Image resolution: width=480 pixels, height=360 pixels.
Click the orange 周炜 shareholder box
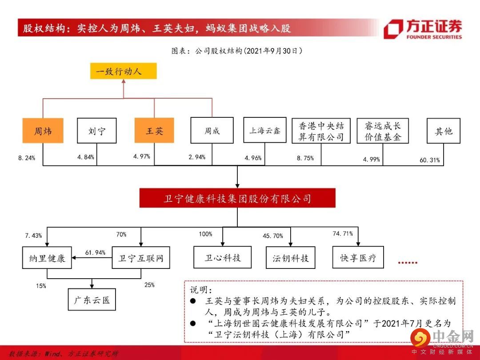(43, 131)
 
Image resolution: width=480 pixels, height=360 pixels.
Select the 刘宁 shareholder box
(96, 131)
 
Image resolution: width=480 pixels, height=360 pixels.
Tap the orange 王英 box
(154, 131)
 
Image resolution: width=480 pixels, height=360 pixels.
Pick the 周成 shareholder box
(212, 131)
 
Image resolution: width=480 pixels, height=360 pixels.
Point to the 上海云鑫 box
(265, 130)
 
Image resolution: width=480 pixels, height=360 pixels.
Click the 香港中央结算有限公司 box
(321, 131)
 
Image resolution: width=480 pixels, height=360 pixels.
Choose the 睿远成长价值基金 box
(382, 131)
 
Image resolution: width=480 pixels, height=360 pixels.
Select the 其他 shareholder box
(443, 131)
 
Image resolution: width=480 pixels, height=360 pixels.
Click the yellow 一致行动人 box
(124, 71)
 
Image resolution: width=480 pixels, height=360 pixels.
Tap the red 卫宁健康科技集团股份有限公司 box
(237, 198)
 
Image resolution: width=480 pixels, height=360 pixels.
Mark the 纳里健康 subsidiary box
(47, 258)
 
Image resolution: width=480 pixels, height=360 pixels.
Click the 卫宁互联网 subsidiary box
(141, 258)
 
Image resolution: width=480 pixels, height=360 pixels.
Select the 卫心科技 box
(223, 257)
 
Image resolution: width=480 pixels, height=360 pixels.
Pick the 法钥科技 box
(290, 258)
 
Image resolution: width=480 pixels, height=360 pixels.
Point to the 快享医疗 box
(358, 258)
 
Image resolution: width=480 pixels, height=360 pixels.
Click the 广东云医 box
(92, 300)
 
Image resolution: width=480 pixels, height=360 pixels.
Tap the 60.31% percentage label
(430, 160)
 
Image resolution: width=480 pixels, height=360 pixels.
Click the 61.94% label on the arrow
(95, 252)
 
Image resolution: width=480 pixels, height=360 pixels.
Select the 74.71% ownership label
(343, 233)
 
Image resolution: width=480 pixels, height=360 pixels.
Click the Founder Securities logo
(423, 29)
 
